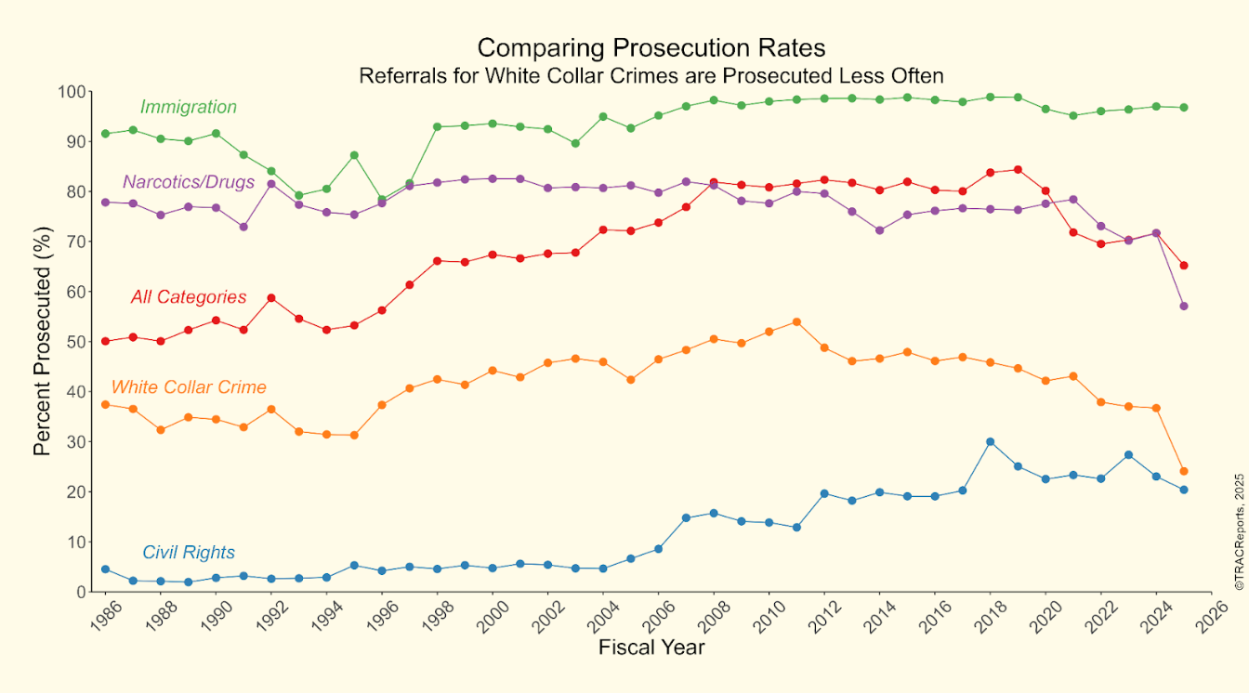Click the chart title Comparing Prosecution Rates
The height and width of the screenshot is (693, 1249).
tap(651, 47)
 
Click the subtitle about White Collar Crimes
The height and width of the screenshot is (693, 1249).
tap(651, 75)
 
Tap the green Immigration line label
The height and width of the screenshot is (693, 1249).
tap(189, 107)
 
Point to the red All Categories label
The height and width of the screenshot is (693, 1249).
tap(189, 297)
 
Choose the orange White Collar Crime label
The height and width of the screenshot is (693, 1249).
tap(189, 387)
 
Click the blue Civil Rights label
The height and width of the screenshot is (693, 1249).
tap(189, 553)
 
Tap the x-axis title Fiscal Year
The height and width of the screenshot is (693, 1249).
tap(651, 673)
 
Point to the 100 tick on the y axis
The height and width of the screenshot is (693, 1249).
tap(72, 92)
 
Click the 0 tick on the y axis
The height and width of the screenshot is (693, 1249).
tap(80, 592)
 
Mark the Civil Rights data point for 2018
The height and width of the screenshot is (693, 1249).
tap(990, 442)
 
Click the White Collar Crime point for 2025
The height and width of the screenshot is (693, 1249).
tap(1183, 471)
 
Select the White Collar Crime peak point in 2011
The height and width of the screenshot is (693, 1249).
tap(796, 322)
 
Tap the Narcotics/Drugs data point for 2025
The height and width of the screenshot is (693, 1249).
tap(1183, 307)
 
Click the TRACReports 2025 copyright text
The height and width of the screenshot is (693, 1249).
tap(1239, 532)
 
